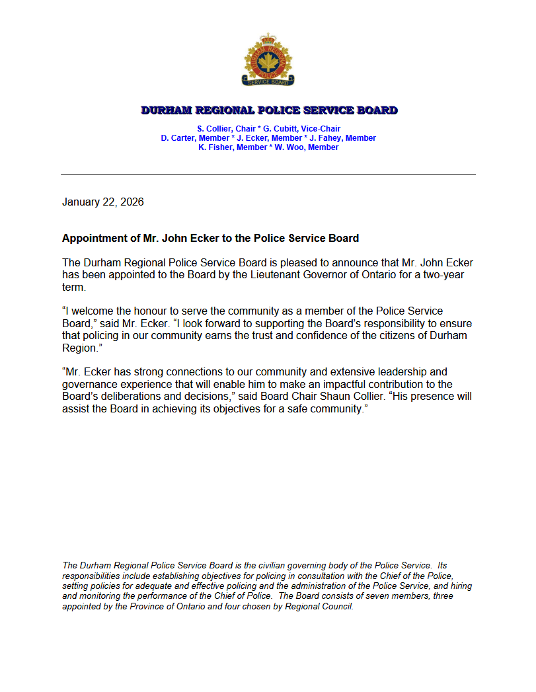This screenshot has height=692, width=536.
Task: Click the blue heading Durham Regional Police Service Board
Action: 269,110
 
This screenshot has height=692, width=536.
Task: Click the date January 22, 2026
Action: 102,202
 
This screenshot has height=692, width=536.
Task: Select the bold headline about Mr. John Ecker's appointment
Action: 210,238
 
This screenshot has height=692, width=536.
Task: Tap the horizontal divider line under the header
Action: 268,174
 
